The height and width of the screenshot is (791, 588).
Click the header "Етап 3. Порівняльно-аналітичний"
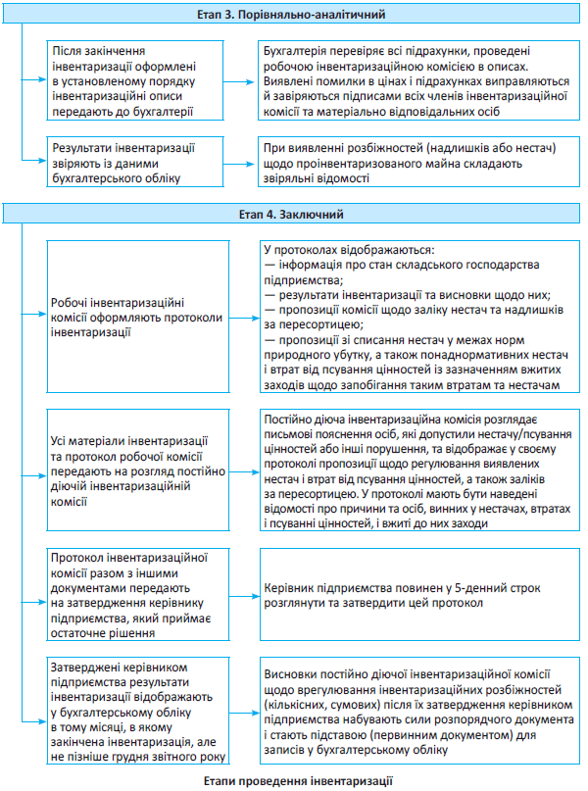294,15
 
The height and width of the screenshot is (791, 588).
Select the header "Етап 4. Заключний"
294,213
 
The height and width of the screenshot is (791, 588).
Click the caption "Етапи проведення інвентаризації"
294,780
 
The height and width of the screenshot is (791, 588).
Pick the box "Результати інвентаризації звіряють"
137,163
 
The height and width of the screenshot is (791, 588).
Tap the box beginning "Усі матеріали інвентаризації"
137,471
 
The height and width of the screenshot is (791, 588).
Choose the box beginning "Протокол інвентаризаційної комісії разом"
137,594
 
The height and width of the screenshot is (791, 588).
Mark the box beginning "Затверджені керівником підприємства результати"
137,711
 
